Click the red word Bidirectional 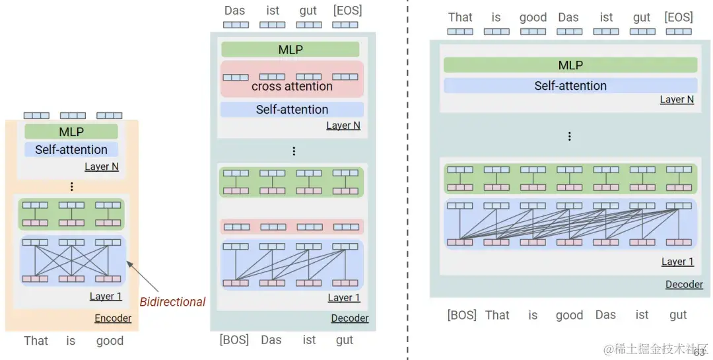[172, 302]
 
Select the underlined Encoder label [113, 318]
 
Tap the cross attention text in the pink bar [292, 87]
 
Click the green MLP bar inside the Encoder [71, 132]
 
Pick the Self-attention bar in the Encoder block [71, 150]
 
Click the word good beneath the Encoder [110, 341]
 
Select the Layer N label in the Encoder [102, 166]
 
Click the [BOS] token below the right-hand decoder [461, 315]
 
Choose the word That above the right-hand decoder [460, 18]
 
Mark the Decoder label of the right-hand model [684, 284]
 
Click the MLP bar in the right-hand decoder [570, 65]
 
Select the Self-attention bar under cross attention [292, 110]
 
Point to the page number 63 [699, 353]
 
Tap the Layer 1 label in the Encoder [106, 297]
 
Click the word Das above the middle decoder [235, 11]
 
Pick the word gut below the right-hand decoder [678, 315]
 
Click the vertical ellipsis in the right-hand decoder [569, 137]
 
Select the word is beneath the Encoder [71, 341]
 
